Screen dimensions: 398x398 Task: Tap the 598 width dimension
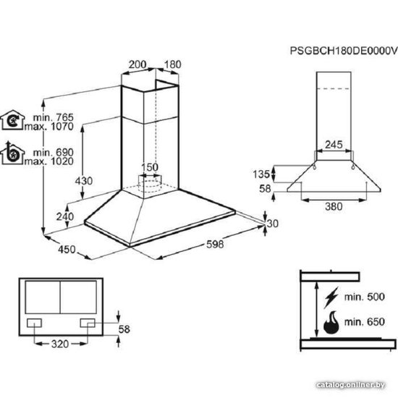pos(215,244)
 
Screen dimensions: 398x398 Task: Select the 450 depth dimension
pos(67,249)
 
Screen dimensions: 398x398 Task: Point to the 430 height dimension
pos(84,181)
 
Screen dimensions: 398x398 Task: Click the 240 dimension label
pos(65,216)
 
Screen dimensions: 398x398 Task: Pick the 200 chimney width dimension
pos(137,64)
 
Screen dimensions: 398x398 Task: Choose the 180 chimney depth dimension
pos(172,64)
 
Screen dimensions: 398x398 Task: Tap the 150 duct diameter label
pos(150,167)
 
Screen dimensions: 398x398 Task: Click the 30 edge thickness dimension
pos(273,224)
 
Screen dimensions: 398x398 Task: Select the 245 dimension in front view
pos(334,145)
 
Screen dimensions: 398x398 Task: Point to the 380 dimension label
pos(334,206)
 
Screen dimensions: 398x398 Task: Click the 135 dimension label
pos(261,174)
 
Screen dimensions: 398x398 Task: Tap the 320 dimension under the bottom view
pos(60,344)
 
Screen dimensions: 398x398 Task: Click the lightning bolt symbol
pos(331,297)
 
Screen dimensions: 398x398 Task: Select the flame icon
pos(331,322)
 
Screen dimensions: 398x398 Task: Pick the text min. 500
pos(365,297)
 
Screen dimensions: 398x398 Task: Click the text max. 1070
pos(49,126)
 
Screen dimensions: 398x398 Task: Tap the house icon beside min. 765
pos(13,120)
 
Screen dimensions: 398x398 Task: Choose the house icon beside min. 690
pos(12,153)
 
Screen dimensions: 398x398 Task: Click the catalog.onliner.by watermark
pos(351,385)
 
